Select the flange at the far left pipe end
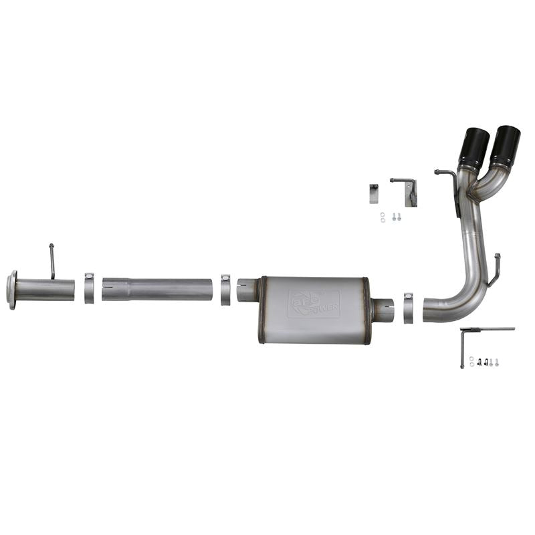click(x=11, y=290)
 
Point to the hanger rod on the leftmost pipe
click(x=51, y=261)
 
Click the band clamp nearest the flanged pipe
click(x=89, y=288)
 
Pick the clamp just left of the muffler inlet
click(x=225, y=289)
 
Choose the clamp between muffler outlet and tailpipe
click(x=408, y=307)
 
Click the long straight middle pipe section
click(x=157, y=289)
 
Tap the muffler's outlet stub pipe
click(x=383, y=310)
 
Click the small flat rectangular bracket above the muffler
click(x=373, y=194)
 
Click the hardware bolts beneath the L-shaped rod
click(x=484, y=362)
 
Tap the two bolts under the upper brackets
click(x=395, y=216)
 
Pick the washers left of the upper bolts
click(x=382, y=216)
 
